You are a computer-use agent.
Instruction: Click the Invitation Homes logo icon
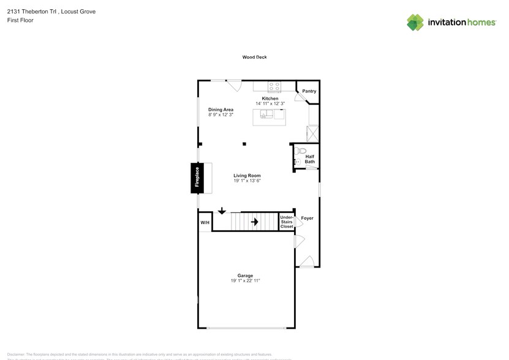415,22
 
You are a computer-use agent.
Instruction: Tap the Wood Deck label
254,58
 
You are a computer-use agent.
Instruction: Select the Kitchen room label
270,99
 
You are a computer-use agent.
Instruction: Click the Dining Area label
221,110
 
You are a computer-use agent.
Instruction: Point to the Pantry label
309,91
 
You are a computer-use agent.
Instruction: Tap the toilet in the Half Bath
300,152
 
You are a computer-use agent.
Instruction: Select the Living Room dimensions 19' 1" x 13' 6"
247,181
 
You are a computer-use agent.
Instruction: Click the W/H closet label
205,222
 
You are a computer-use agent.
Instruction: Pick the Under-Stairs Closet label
286,222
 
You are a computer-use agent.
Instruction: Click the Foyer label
307,218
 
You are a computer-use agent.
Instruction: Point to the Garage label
245,276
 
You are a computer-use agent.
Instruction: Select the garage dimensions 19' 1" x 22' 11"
245,281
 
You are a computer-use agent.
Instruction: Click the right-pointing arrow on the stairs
254,221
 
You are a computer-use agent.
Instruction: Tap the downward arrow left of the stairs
221,211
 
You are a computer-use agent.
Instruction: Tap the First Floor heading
21,20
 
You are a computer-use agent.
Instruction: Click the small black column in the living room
244,144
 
